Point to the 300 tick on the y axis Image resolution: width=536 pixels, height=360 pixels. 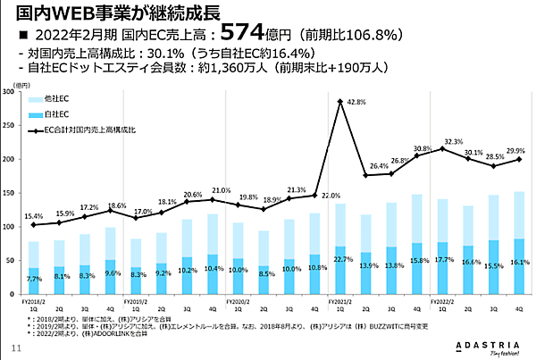8,91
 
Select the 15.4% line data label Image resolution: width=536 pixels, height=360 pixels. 33,216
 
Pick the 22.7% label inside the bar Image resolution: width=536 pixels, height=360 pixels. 340,260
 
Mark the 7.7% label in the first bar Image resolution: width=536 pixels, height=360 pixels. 33,280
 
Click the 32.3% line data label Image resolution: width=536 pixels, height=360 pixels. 454,141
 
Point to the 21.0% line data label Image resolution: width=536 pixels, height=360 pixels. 220,190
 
